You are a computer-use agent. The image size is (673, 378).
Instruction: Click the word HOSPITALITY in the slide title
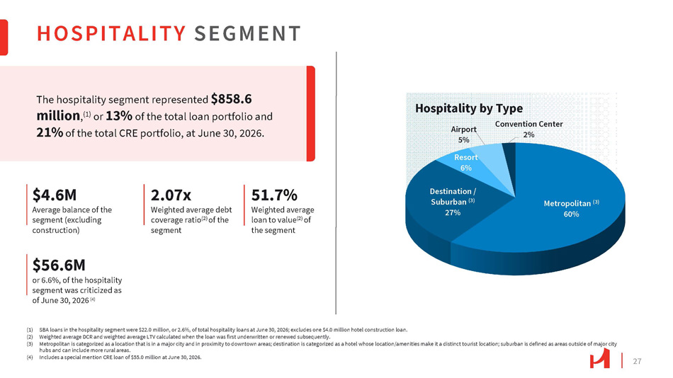pyautogui.click(x=111, y=33)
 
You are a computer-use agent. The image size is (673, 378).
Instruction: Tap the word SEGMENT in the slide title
pyautogui.click(x=248, y=33)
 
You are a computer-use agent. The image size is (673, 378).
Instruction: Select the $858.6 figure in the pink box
pyautogui.click(x=232, y=99)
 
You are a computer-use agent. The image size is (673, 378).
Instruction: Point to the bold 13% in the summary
pyautogui.click(x=119, y=116)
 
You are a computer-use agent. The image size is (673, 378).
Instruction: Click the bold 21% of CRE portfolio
pyautogui.click(x=50, y=132)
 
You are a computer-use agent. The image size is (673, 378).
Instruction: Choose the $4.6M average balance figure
pyautogui.click(x=55, y=195)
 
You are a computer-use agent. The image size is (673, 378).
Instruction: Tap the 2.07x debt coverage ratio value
pyautogui.click(x=171, y=195)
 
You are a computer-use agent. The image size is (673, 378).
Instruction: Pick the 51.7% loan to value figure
pyautogui.click(x=274, y=195)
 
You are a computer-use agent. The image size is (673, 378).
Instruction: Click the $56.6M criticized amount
pyautogui.click(x=60, y=265)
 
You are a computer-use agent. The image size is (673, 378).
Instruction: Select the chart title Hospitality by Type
pyautogui.click(x=469, y=108)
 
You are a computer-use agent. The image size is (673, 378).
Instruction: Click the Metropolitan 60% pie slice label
pyautogui.click(x=571, y=209)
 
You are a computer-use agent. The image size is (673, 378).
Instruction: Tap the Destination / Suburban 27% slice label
pyautogui.click(x=453, y=202)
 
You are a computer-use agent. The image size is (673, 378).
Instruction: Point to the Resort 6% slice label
pyautogui.click(x=466, y=162)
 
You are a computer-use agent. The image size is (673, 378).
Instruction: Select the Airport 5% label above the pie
pyautogui.click(x=463, y=134)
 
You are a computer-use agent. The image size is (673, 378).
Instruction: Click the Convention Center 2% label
pyautogui.click(x=528, y=129)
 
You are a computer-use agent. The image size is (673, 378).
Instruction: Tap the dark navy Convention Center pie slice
pyautogui.click(x=510, y=163)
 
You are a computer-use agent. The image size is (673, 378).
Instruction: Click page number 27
pyautogui.click(x=637, y=361)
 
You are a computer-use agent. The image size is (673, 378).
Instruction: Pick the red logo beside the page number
pyautogui.click(x=599, y=358)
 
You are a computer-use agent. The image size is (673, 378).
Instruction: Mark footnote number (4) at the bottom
pyautogui.click(x=30, y=357)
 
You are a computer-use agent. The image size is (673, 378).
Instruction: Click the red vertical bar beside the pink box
pyautogui.click(x=311, y=114)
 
